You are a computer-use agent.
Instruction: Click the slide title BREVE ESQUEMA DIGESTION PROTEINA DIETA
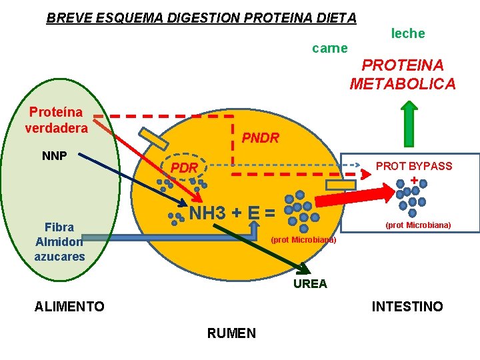point(201,18)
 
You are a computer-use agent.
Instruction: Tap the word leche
point(407,33)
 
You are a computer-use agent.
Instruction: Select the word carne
point(329,48)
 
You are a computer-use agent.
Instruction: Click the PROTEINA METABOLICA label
point(403,74)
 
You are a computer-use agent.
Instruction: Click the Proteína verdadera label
point(56,119)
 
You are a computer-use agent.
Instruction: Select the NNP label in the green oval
point(54,156)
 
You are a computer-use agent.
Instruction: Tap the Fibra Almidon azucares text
point(60,242)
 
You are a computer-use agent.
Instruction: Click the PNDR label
point(260,138)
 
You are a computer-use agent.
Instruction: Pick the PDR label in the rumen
point(184,168)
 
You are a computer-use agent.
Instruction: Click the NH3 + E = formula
point(232,214)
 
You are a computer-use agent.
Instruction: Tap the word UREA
point(311,284)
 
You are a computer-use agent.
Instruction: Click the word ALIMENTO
point(69,307)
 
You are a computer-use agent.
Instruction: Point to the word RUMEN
point(231,333)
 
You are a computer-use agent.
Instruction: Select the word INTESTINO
point(407,307)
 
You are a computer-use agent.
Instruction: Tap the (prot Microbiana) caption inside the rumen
point(304,239)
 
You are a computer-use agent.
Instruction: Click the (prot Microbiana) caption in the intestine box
point(418,225)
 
